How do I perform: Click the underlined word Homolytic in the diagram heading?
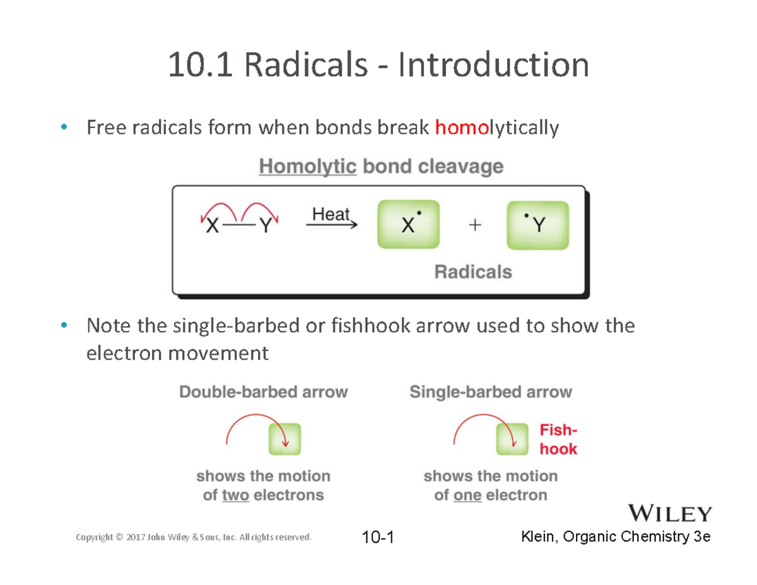tap(308, 167)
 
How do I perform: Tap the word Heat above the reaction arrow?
tap(331, 214)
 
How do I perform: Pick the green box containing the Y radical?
tap(537, 225)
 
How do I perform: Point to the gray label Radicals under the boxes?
tap(473, 272)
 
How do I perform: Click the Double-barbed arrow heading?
tap(264, 392)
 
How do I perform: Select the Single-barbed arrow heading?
tap(491, 392)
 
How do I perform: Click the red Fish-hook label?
tap(558, 440)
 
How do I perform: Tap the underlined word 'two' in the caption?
tap(236, 495)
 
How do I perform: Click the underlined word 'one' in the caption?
tap(467, 495)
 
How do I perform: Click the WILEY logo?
tap(670, 514)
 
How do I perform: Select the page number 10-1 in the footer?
tap(378, 538)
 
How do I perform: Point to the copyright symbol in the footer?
tap(119, 538)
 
